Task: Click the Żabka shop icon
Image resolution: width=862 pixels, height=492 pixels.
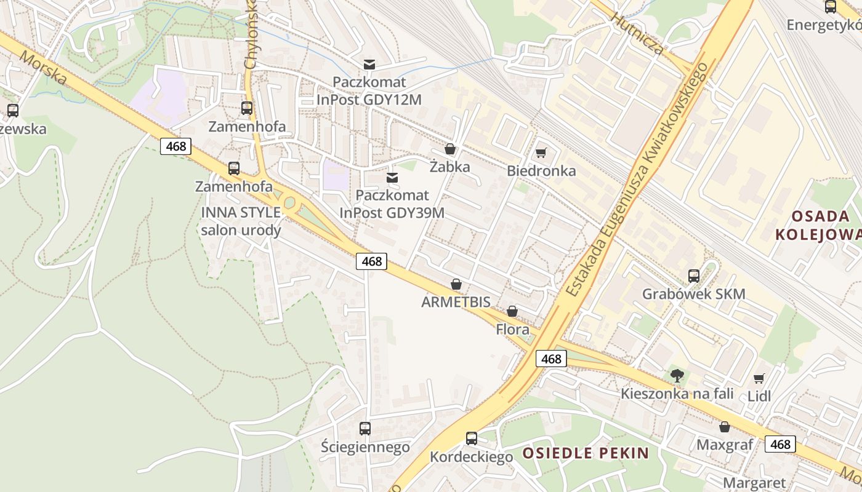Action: [x=450, y=149]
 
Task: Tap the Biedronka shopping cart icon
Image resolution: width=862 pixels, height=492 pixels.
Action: [x=541, y=153]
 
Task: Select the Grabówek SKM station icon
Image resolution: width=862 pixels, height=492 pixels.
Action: [x=694, y=276]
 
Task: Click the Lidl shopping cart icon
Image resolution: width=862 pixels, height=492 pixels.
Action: [x=759, y=378]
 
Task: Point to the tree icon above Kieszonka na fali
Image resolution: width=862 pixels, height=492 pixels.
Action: [x=677, y=375]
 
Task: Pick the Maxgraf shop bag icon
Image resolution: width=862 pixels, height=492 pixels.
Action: [x=725, y=427]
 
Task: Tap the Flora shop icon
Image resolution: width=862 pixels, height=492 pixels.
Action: [x=512, y=312]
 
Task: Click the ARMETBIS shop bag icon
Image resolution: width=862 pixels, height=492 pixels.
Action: [x=456, y=284]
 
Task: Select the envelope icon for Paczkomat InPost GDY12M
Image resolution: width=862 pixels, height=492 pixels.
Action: [x=369, y=65]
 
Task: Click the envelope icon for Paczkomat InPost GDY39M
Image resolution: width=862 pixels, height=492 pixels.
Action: [x=392, y=178]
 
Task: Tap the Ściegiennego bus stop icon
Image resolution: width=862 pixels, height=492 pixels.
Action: [x=365, y=429]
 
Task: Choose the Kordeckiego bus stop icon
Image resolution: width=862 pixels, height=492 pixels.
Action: [x=472, y=438]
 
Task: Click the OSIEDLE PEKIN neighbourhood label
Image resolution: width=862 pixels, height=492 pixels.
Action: [x=586, y=454]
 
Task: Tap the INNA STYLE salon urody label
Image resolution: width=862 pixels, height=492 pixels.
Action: [x=241, y=221]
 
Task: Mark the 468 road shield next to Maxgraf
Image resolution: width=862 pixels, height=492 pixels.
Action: [x=780, y=444]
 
